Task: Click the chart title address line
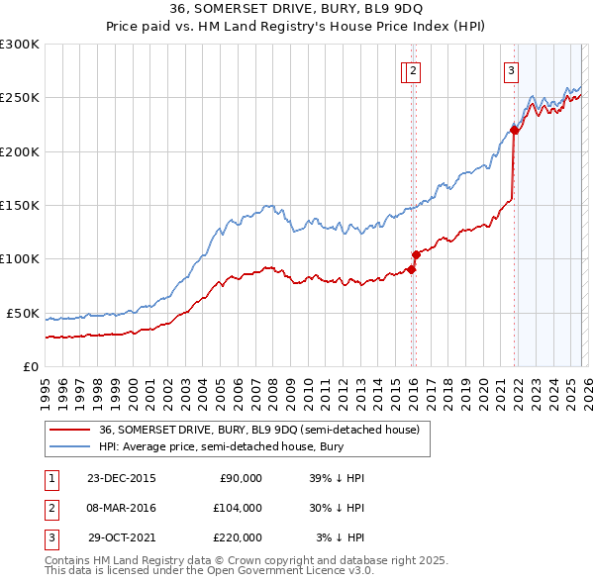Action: pos(297,9)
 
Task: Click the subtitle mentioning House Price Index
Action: pos(297,27)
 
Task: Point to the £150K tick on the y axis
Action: pos(20,206)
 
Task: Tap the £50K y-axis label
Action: pos(23,313)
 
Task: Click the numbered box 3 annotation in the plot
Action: pos(511,70)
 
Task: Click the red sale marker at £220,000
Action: pos(515,130)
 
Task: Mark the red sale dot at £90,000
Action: pos(411,269)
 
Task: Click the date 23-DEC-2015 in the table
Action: pos(122,478)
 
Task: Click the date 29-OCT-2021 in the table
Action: pos(122,537)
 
